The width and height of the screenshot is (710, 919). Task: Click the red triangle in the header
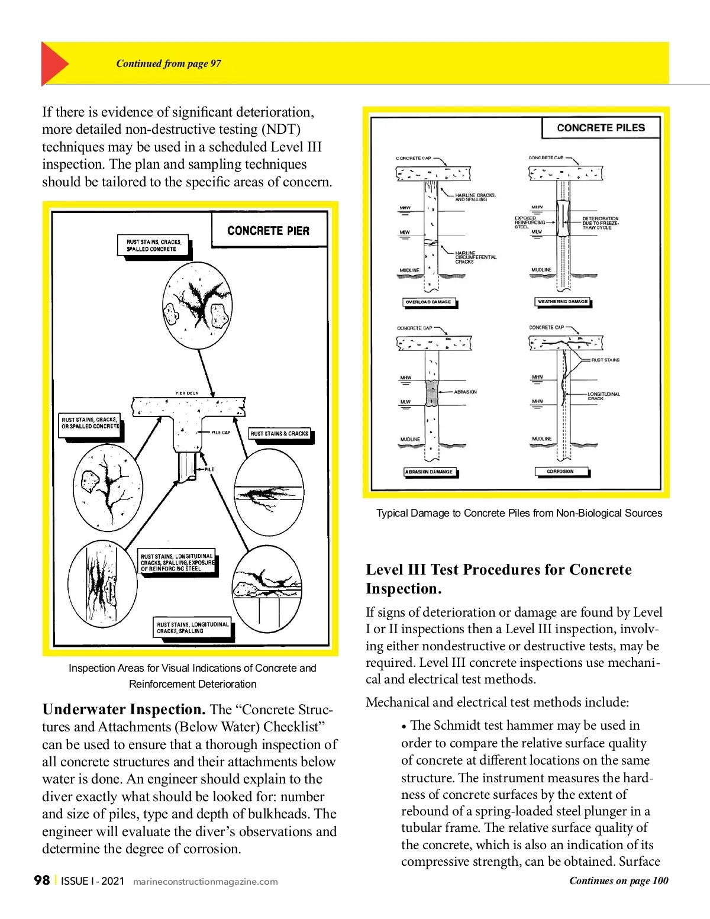(53, 64)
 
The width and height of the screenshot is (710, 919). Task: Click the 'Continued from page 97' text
(169, 64)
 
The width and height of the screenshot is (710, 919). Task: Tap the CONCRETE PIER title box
(269, 231)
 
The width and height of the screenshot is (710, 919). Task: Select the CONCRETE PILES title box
(601, 128)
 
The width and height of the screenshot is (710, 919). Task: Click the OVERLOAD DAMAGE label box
(428, 302)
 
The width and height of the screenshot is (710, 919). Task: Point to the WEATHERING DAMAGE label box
(562, 302)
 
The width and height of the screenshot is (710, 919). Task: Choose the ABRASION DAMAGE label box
(429, 472)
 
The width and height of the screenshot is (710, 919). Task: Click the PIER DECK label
(187, 393)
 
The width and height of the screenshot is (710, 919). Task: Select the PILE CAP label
(221, 433)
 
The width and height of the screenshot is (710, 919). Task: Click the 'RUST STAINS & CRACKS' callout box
(279, 434)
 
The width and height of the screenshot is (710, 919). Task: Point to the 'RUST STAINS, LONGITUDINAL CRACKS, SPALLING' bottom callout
(192, 628)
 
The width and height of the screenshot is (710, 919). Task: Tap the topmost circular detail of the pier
(197, 305)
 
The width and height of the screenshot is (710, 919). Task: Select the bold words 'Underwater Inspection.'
(124, 710)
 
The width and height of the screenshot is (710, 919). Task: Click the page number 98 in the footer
(41, 881)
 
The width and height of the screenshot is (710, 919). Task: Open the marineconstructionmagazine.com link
(205, 882)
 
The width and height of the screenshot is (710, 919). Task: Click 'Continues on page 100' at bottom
(618, 881)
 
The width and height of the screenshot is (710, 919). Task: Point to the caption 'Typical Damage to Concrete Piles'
(519, 513)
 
